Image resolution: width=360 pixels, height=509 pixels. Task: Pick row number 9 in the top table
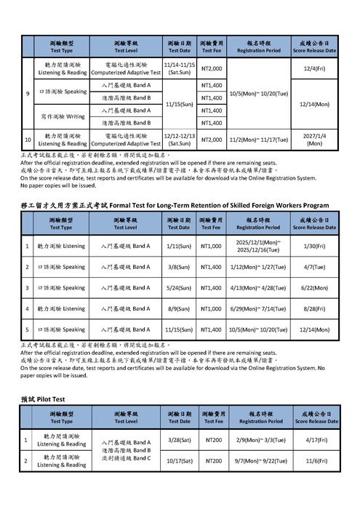(x=28, y=94)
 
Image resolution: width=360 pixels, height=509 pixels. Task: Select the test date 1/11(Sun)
(x=179, y=247)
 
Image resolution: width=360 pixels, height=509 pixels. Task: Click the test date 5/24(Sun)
(x=179, y=288)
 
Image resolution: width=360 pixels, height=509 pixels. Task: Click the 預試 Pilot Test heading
(x=43, y=399)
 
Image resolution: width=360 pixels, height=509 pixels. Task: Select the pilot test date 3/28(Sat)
(x=179, y=440)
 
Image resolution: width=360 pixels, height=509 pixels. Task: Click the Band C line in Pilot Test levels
(x=127, y=458)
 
